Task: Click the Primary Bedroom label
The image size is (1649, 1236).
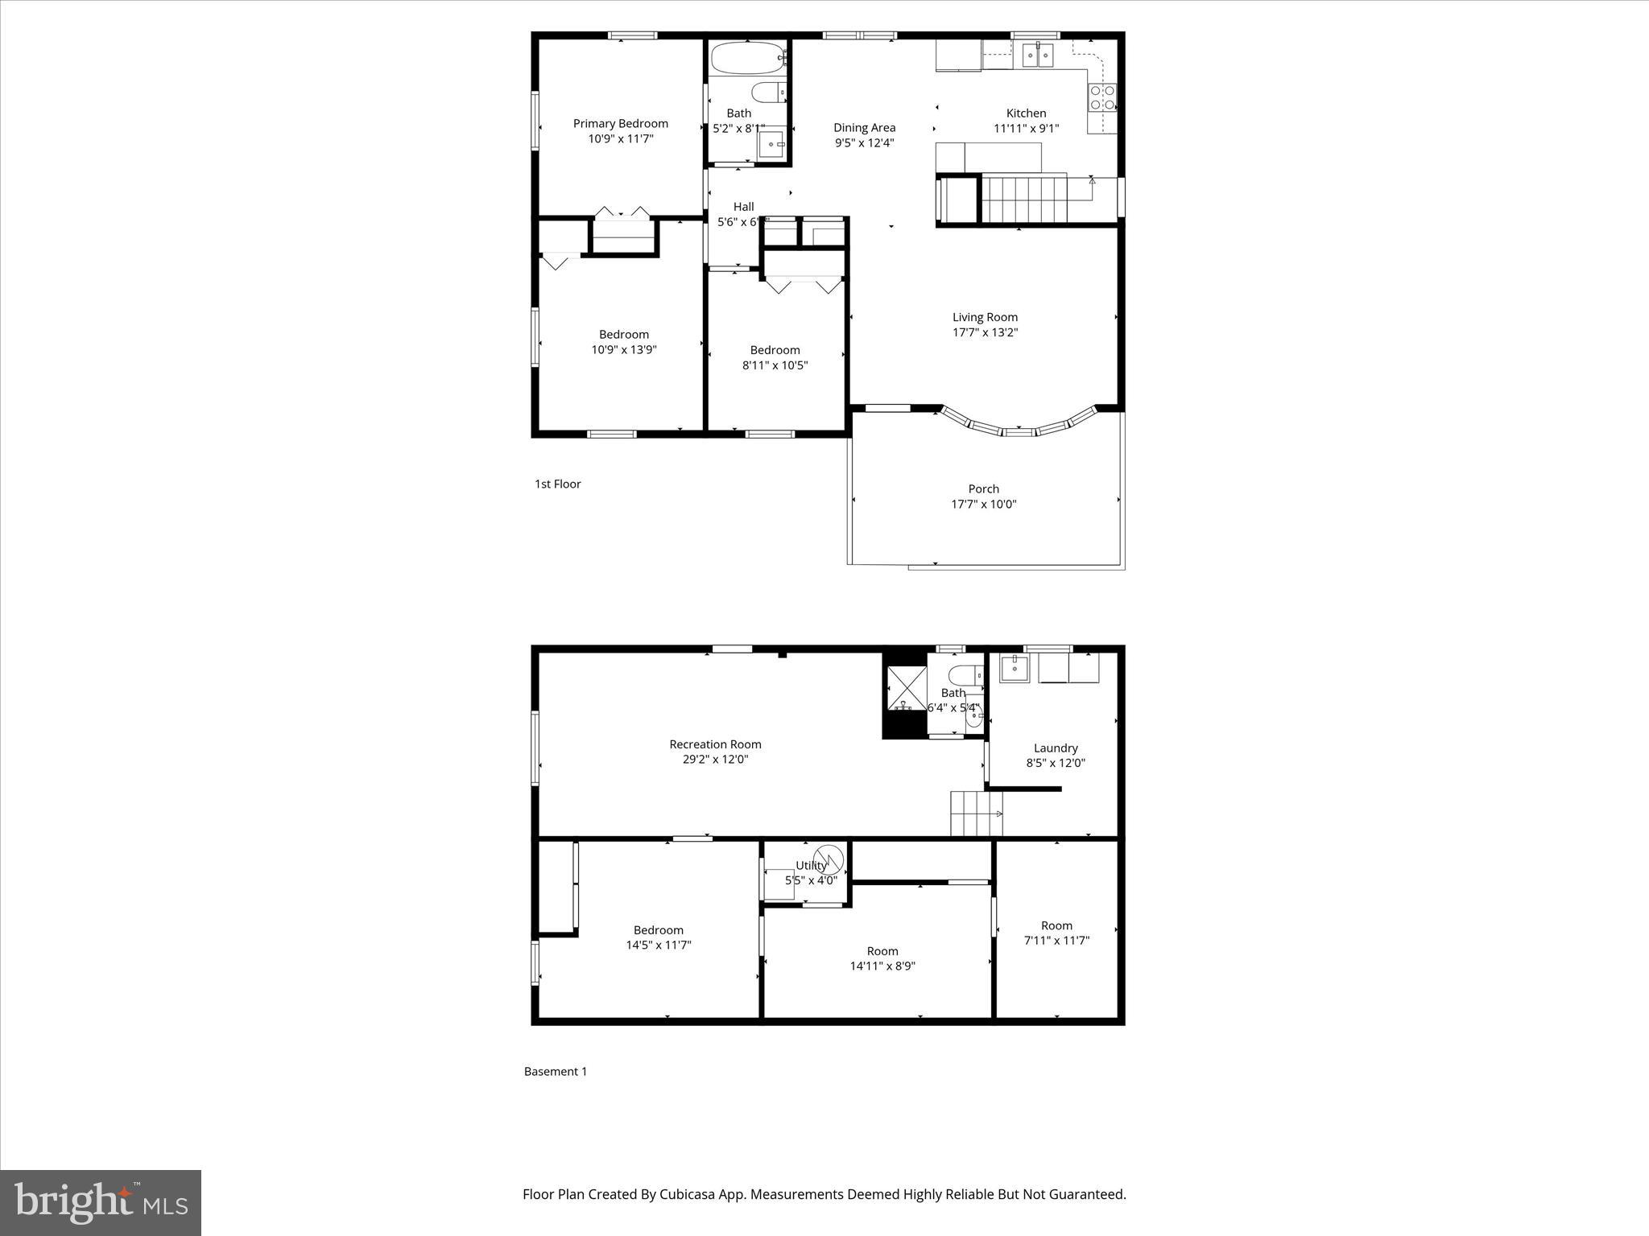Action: pos(620,123)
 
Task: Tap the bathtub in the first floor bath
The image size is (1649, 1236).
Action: pos(747,57)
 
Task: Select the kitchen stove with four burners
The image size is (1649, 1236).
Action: pos(1101,98)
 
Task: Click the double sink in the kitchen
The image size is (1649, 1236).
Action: pos(1038,55)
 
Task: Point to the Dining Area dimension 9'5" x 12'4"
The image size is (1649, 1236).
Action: pos(864,143)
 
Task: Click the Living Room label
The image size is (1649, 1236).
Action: pos(985,317)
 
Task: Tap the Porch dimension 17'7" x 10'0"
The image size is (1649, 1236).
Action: pos(983,505)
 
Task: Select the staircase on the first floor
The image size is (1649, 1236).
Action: pos(1023,200)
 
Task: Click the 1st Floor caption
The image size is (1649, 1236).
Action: pos(557,484)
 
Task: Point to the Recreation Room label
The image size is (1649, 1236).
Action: pos(715,744)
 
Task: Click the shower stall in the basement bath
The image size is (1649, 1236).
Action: pos(906,688)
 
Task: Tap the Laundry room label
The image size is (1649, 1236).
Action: pos(1055,748)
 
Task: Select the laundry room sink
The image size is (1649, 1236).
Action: pos(1015,668)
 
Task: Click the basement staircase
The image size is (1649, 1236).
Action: pos(976,814)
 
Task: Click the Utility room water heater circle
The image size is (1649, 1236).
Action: pos(829,859)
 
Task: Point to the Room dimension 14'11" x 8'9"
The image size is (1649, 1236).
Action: pos(882,966)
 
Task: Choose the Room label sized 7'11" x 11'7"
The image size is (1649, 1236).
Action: pos(1056,925)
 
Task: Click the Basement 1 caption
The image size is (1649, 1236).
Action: pos(555,1071)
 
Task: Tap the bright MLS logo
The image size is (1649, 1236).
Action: pos(101,1202)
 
